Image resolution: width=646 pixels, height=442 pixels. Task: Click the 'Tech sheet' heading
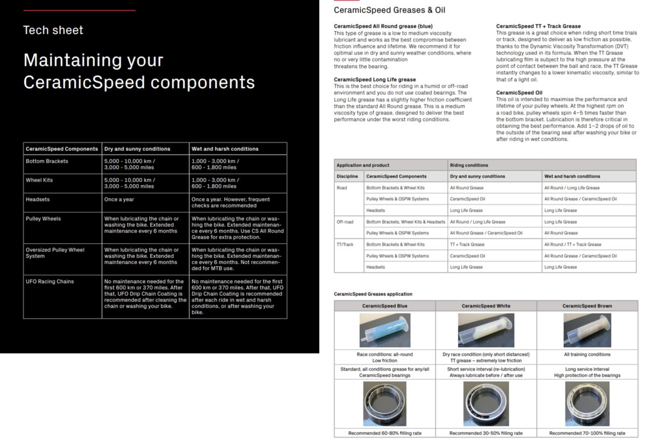pyautogui.click(x=53, y=30)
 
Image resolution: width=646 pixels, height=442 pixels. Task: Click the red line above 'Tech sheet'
pyautogui.click(x=79, y=10)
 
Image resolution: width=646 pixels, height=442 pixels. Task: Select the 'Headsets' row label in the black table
pyautogui.click(x=38, y=199)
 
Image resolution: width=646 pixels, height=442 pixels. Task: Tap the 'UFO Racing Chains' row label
pyautogui.click(x=50, y=282)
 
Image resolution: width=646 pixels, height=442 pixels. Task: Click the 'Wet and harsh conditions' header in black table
pyautogui.click(x=225, y=149)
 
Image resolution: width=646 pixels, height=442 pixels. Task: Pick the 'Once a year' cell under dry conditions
pyautogui.click(x=118, y=199)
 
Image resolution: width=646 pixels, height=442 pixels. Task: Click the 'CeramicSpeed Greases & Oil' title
pyautogui.click(x=389, y=10)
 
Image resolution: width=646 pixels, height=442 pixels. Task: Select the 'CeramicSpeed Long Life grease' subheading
pyautogui.click(x=375, y=80)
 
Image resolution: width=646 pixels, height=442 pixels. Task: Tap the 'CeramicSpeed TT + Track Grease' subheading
pyautogui.click(x=538, y=26)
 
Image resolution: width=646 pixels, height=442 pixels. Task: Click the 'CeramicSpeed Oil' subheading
pyautogui.click(x=519, y=93)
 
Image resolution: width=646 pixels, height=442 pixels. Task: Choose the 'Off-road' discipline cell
pyautogui.click(x=345, y=222)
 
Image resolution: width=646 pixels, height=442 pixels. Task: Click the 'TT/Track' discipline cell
pyautogui.click(x=345, y=244)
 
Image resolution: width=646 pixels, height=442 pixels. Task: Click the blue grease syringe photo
pyautogui.click(x=384, y=330)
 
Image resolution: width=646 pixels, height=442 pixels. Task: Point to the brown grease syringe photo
pyautogui.click(x=587, y=330)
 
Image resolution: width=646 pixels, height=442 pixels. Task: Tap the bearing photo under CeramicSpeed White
pyautogui.click(x=486, y=404)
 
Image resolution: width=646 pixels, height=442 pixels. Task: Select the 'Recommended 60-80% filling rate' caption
pyautogui.click(x=384, y=433)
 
